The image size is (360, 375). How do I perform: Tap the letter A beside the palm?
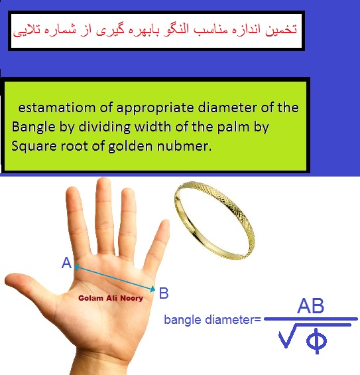[67, 263]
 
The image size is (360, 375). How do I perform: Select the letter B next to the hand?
[164, 293]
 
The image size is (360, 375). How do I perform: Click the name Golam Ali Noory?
[111, 298]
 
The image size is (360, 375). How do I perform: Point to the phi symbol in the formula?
[317, 340]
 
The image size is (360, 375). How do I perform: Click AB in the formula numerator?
[310, 306]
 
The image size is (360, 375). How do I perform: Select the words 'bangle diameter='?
[212, 320]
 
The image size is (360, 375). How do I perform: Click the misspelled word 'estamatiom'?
[57, 108]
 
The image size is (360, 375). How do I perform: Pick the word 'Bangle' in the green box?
[33, 127]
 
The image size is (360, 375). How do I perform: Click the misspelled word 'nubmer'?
[184, 146]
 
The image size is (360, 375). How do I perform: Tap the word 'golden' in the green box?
[131, 147]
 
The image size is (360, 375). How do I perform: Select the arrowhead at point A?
[76, 267]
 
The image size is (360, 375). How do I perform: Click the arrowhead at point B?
[152, 289]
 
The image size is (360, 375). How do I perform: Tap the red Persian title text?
[154, 30]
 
